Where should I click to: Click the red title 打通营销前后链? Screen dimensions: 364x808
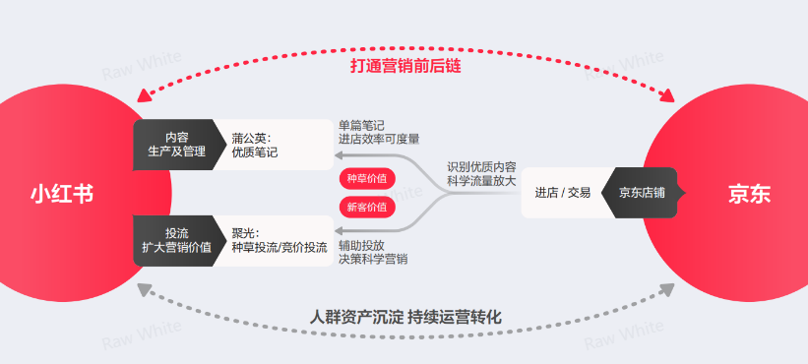coord(405,66)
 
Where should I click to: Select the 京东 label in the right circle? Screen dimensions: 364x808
coord(749,194)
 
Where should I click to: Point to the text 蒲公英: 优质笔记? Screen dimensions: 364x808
coord(256,145)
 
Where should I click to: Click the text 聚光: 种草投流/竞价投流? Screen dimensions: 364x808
coord(279,240)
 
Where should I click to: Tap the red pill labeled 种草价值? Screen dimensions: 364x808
coord(367,179)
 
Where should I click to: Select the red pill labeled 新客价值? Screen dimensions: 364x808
coord(367,207)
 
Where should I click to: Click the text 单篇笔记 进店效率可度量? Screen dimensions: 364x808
coord(379,132)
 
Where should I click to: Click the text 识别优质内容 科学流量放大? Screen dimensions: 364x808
coord(481,174)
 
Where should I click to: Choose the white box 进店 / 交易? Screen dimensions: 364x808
coord(562,193)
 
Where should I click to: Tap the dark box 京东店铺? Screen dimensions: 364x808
coord(642,193)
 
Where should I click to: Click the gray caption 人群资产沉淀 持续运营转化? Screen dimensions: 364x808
coord(405,318)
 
